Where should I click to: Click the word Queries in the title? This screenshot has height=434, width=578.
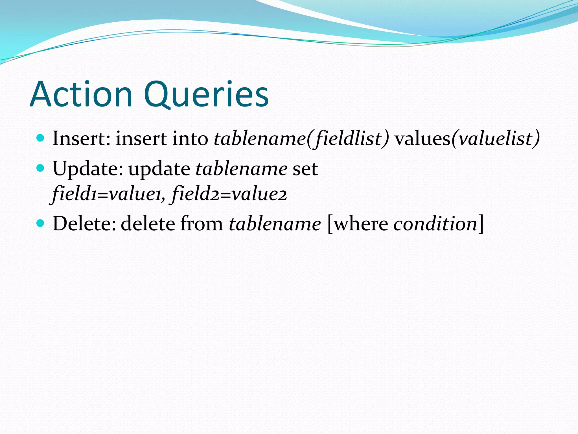[206, 95]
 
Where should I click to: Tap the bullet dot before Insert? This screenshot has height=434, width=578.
[41, 138]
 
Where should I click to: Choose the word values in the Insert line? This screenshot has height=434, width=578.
[422, 138]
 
